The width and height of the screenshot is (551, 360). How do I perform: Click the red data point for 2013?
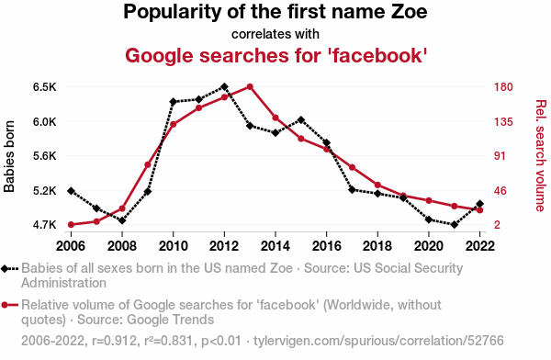pyautogui.click(x=250, y=87)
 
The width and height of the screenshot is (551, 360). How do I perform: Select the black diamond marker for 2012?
pyautogui.click(x=225, y=87)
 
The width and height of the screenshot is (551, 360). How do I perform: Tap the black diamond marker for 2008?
pyautogui.click(x=122, y=220)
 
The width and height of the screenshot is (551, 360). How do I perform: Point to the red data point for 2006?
pyautogui.click(x=71, y=225)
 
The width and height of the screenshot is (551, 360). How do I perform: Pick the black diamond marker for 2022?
pyautogui.click(x=479, y=204)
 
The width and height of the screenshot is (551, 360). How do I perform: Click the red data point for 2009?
pyautogui.click(x=148, y=164)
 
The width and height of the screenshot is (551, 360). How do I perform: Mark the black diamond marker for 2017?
pyautogui.click(x=352, y=190)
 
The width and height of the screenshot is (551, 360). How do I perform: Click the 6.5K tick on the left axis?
pyautogui.click(x=45, y=87)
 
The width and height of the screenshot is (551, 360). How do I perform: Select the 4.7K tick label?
pyautogui.click(x=45, y=225)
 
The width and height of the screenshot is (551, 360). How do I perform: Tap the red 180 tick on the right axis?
pyautogui.click(x=503, y=87)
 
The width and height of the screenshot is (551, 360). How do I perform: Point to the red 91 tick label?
pyautogui.click(x=500, y=156)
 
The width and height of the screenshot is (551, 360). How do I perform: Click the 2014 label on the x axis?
pyautogui.click(x=275, y=246)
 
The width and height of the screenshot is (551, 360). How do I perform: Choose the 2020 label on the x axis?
pyautogui.click(x=429, y=246)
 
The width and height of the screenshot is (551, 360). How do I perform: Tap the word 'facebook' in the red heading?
pyautogui.click(x=377, y=55)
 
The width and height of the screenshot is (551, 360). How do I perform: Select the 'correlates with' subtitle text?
pyautogui.click(x=275, y=34)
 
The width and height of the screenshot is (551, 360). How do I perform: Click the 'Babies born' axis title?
pyautogui.click(x=9, y=156)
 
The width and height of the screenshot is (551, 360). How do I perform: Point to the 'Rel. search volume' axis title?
pyautogui.click(x=541, y=156)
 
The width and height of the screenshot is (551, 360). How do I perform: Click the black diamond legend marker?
pyautogui.click(x=5, y=269)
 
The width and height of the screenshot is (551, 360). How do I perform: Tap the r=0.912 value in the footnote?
pyautogui.click(x=115, y=341)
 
